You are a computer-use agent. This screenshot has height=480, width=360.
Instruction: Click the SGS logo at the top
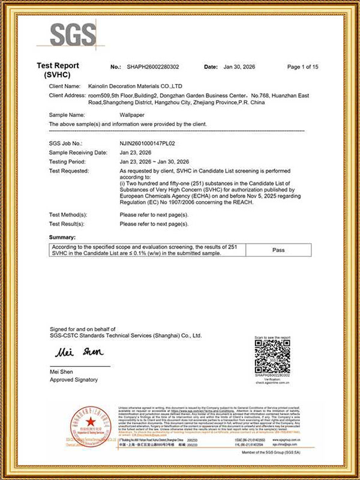pyautogui.click(x=73, y=35)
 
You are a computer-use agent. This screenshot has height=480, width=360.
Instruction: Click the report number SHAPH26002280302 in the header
pyautogui.click(x=154, y=67)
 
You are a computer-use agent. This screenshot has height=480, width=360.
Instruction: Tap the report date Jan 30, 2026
pyautogui.click(x=239, y=67)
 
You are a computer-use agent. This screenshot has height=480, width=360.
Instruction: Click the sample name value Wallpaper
pyautogui.click(x=133, y=114)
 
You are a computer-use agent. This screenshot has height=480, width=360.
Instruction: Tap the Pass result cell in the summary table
pyautogui.click(x=278, y=250)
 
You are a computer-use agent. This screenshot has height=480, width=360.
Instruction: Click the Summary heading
pyautogui.click(x=62, y=238)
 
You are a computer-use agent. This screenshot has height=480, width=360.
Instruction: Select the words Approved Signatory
pyautogui.click(x=73, y=380)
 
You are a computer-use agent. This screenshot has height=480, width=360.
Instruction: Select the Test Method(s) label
pyautogui.click(x=68, y=214)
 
